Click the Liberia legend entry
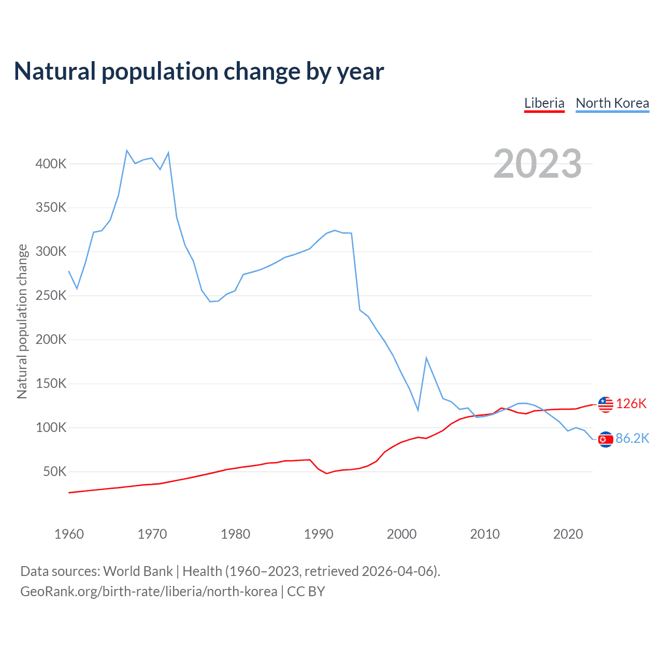pos(544,103)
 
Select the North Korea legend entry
pos(612,103)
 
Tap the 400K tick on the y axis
pos(51,164)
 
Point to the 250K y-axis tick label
pos(51,296)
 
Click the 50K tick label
pos(54,472)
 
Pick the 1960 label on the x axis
pos(69,534)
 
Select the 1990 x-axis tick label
pos(319,534)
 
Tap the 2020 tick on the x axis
pos(568,534)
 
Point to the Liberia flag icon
pos(606,404)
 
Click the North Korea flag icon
pos(606,439)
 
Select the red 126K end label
pos(631,404)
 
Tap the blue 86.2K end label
pos(632,439)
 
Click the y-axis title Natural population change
pos(22,321)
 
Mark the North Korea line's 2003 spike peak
pos(426,357)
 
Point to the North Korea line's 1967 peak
pos(127,151)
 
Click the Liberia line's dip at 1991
pos(327,473)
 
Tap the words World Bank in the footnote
pos(138,571)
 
